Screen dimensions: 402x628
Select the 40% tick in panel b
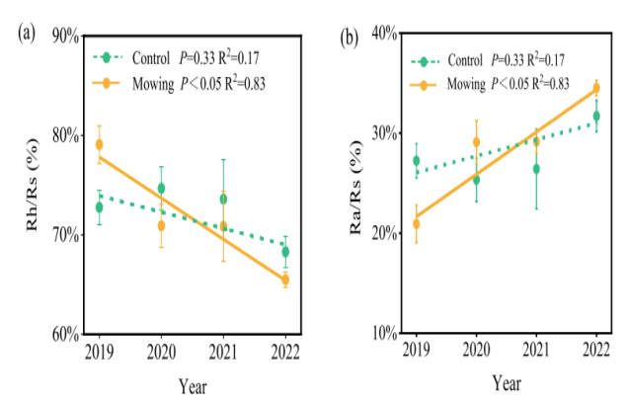(382, 34)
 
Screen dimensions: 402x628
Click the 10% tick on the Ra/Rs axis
(382, 334)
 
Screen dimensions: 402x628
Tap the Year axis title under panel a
(193, 383)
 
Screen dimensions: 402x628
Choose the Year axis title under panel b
(507, 383)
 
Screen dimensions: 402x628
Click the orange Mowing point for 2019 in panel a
(99, 144)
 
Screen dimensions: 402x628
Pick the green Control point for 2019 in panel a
(99, 207)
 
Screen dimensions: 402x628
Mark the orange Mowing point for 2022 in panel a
(285, 280)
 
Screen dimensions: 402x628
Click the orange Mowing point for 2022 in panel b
(595, 88)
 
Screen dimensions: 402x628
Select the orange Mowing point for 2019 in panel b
(416, 224)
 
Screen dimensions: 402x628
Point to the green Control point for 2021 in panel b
(536, 169)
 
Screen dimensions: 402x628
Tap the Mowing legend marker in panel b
(426, 85)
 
